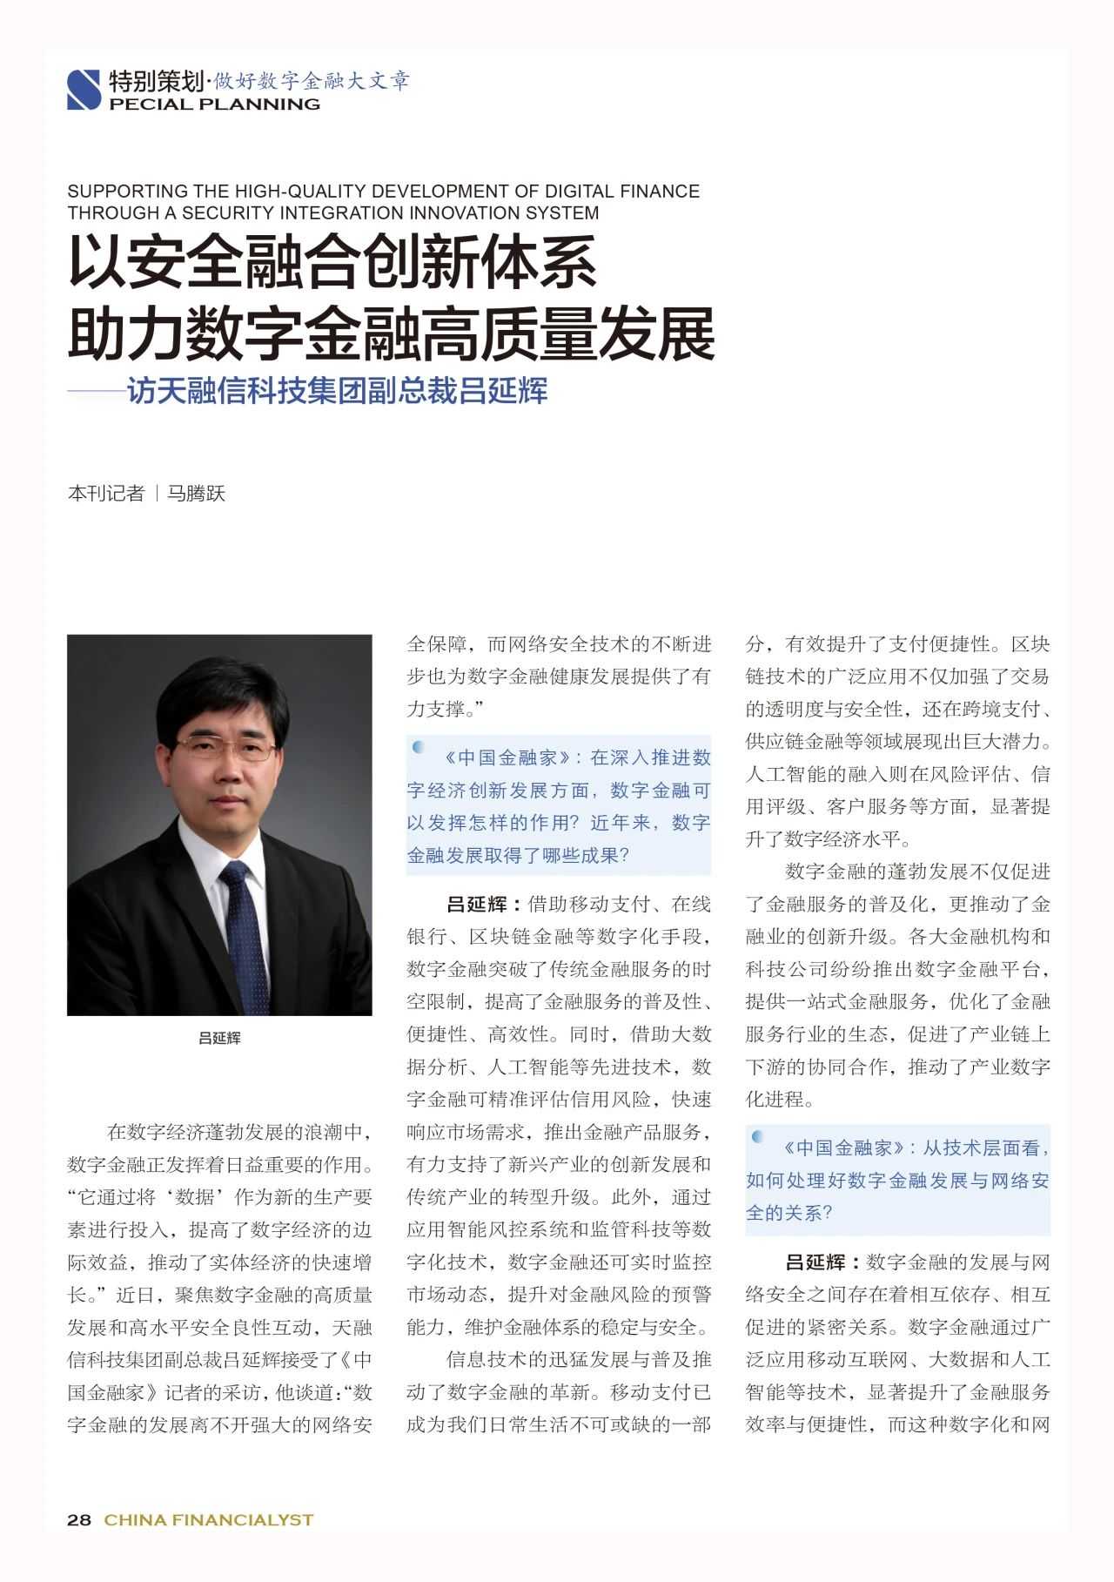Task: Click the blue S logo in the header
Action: pos(84,90)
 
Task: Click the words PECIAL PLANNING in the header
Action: pos(214,104)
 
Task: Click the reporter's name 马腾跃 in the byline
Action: pos(196,494)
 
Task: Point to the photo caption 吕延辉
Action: pos(219,1038)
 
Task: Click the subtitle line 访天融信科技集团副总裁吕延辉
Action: pos(338,391)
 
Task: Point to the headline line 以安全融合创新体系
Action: pos(332,262)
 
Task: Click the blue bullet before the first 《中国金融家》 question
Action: pos(419,747)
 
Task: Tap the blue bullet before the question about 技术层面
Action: pos(758,1137)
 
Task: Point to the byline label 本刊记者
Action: pos(105,494)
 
